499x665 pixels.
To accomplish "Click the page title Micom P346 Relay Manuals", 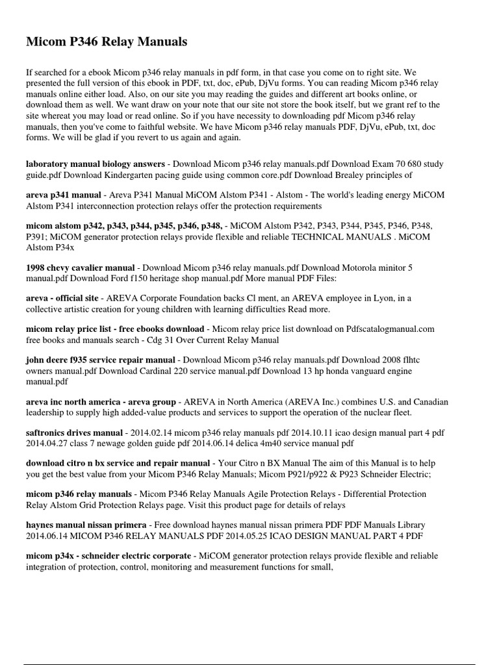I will point(107,42).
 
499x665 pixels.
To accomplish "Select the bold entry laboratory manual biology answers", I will point(79,165).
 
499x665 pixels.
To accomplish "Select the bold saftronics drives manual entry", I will point(74,433).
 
